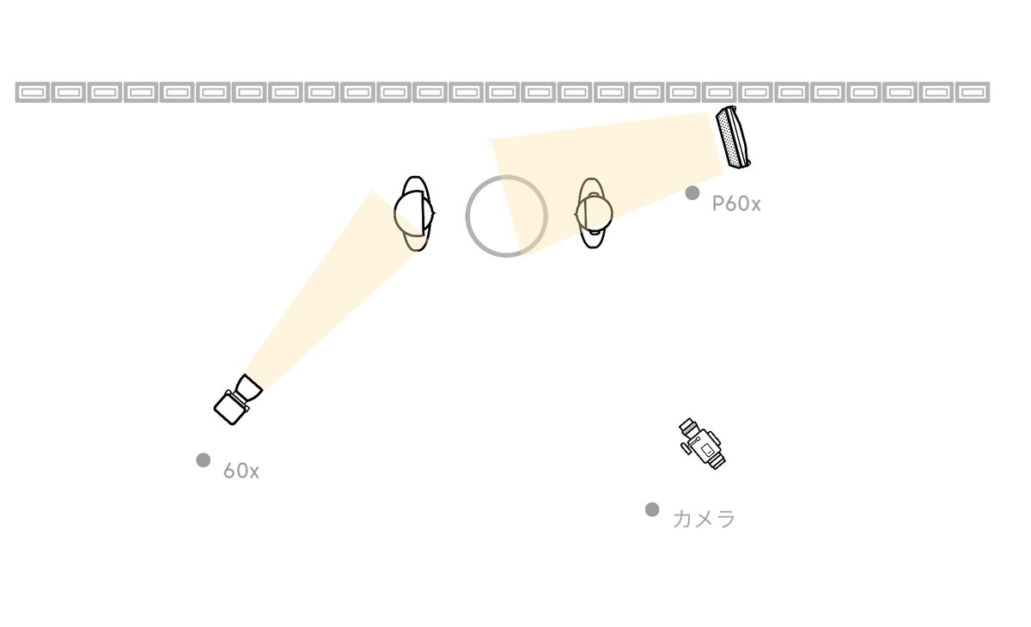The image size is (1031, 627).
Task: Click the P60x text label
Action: point(736,204)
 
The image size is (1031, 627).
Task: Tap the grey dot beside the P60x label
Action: point(692,192)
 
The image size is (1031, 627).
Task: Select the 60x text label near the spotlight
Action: point(241,471)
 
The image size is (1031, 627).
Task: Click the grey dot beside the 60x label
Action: point(204,460)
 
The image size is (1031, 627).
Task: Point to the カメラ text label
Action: point(705,519)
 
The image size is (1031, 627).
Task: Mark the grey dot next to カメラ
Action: point(652,509)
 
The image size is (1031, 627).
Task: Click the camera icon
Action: point(702,443)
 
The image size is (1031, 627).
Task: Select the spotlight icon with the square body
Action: point(237,399)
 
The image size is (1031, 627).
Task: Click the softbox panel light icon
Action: point(733,137)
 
